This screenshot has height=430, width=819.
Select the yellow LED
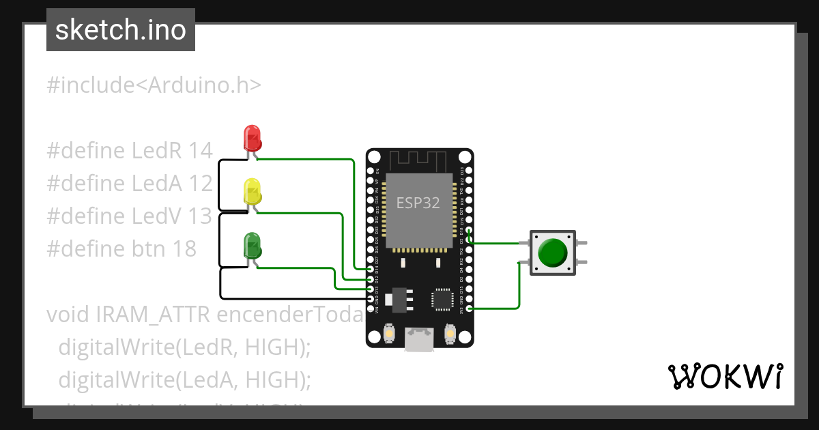(252, 191)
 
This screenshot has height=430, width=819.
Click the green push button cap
(552, 253)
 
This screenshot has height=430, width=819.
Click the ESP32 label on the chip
(418, 203)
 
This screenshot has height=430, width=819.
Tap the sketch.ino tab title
(121, 30)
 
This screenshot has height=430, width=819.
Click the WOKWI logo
(725, 376)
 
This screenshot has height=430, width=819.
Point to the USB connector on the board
(419, 339)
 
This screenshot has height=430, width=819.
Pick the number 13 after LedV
(200, 216)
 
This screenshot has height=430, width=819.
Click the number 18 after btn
(184, 248)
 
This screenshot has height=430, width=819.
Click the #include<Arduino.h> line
(154, 85)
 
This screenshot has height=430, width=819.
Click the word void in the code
(69, 314)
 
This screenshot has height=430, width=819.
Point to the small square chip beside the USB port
(442, 300)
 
